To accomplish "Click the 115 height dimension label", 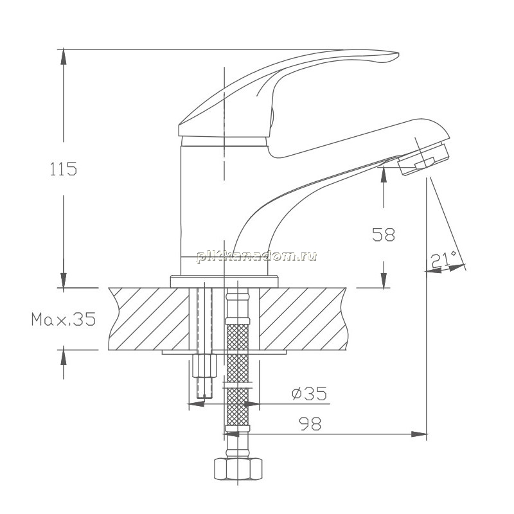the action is click(64, 169).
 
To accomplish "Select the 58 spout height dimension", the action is click(384, 235).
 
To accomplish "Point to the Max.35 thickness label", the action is click(64, 319).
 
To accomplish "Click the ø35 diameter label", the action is click(310, 393).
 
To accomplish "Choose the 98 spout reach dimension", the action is click(310, 424).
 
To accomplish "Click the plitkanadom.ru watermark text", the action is click(256, 256).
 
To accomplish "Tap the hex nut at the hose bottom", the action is click(238, 469).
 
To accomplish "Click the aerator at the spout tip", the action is click(423, 159).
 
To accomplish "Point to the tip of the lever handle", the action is click(398, 54).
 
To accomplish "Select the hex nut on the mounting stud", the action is click(204, 366).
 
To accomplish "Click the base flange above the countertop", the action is click(224, 281).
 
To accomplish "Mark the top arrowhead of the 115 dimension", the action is click(63, 57).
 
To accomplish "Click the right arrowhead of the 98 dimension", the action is click(420, 434).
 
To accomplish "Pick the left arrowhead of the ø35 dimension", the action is click(196, 404).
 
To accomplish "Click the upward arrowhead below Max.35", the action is click(63, 357).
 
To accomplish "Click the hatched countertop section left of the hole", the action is click(149, 319).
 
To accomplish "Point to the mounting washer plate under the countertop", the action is click(224, 352).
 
